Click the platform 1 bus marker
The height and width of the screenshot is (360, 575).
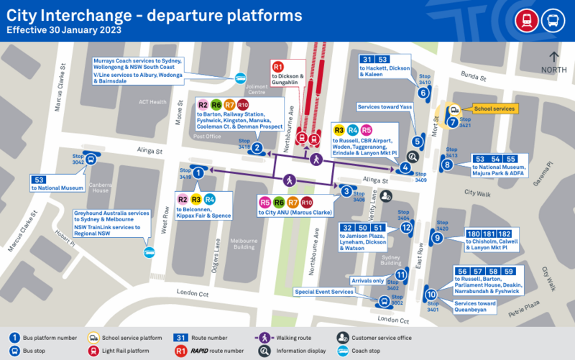[x=199, y=172]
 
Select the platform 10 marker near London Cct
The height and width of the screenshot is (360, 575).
[x=431, y=294]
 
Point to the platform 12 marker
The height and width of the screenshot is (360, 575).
[x=406, y=228]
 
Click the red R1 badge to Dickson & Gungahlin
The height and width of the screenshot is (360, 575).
[x=279, y=68]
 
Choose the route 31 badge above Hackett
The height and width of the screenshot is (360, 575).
[x=367, y=60]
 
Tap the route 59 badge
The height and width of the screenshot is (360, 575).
[x=509, y=271]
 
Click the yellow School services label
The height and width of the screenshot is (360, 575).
[x=494, y=109]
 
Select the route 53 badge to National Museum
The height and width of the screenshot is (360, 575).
[x=40, y=179]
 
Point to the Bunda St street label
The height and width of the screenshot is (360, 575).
[x=474, y=75]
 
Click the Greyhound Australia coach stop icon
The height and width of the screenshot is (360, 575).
[x=149, y=252]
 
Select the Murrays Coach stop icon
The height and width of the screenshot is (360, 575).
[x=240, y=79]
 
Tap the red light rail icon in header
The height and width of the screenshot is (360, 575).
[x=523, y=19]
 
